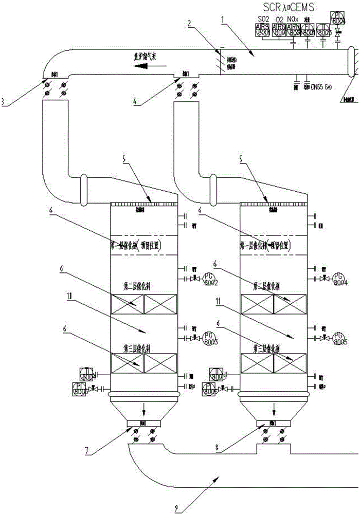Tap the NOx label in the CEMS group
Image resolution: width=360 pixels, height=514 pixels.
click(x=294, y=20)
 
